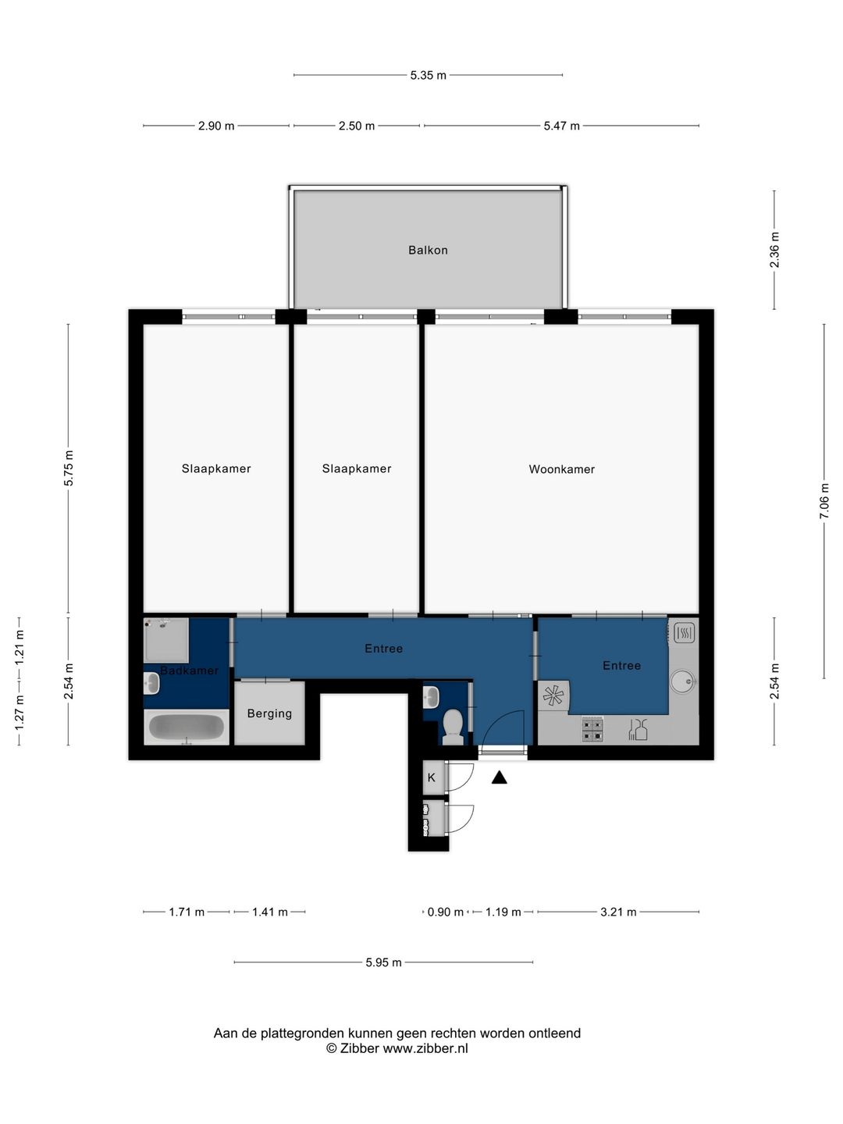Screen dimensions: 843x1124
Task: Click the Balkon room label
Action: (x=428, y=250)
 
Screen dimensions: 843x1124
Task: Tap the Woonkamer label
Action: (x=561, y=469)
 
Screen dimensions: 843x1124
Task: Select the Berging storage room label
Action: (x=269, y=713)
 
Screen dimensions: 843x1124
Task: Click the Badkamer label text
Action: (x=190, y=670)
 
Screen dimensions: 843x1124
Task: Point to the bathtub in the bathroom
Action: (x=187, y=726)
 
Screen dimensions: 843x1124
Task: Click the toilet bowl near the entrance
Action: (x=453, y=727)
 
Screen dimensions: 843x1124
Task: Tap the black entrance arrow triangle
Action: (x=499, y=778)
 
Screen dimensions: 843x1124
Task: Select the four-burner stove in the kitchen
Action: (x=592, y=730)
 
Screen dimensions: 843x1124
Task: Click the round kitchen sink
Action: (x=683, y=681)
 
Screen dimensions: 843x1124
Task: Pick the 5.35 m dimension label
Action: (x=428, y=75)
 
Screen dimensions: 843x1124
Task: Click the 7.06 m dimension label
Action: (x=824, y=501)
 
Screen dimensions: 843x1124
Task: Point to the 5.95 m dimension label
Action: (x=383, y=962)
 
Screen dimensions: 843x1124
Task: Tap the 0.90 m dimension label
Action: (x=445, y=912)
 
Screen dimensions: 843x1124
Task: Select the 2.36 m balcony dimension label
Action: (x=774, y=249)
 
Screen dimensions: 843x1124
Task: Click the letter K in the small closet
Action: (x=431, y=777)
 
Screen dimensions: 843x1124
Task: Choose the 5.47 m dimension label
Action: (x=561, y=126)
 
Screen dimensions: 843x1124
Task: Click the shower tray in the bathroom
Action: (x=166, y=640)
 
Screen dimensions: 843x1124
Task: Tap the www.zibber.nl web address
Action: (x=425, y=1048)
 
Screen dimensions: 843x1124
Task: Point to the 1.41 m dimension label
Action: (x=270, y=912)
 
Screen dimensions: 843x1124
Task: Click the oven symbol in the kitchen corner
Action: (x=685, y=633)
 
